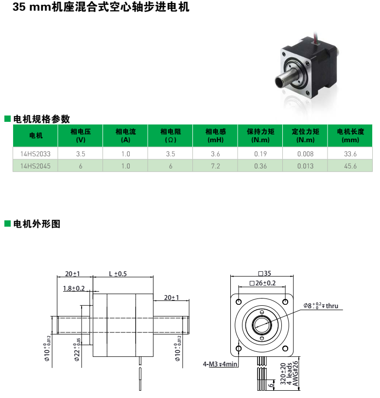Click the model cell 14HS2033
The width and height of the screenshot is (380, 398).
coord(35,154)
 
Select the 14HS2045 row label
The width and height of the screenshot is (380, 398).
coord(35,166)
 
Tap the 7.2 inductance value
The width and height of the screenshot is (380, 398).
coord(215,166)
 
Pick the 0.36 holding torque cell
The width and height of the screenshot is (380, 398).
coord(260,166)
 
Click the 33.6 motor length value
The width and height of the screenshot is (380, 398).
coord(350,154)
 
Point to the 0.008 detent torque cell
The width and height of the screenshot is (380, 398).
coord(305,154)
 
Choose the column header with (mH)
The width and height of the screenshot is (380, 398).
coord(216,135)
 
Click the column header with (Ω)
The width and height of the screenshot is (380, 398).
coord(171,135)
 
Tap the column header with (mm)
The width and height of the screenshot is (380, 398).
coord(350,135)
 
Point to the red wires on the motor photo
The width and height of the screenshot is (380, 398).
coord(316,37)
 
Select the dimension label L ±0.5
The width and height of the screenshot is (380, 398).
coord(118,274)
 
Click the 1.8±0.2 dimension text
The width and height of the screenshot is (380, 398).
coord(74,288)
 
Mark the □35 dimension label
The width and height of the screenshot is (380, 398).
coord(265,273)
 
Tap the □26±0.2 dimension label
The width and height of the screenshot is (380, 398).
coord(262,283)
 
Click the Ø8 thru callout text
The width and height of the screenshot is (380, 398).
coord(321,306)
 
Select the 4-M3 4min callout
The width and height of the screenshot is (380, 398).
coord(220,364)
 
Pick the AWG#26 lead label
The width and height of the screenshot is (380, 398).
coord(295,374)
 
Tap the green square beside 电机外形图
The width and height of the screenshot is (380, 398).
coord(7,223)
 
